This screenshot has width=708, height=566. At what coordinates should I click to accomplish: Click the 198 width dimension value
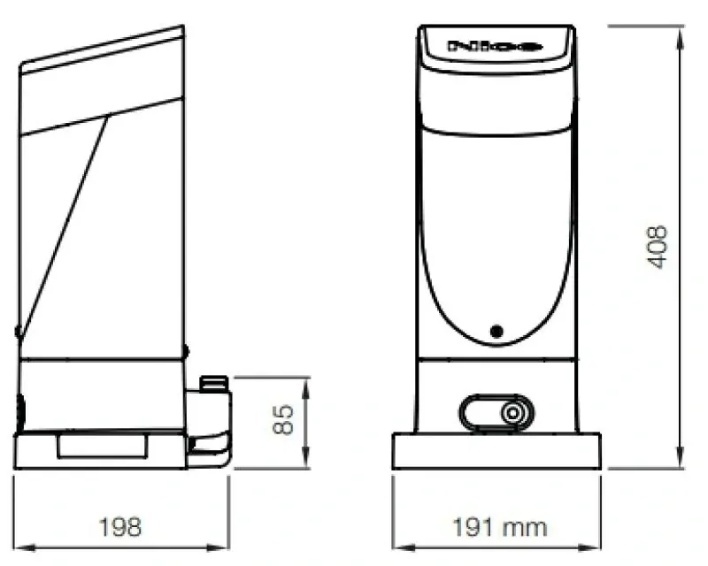pos(120,528)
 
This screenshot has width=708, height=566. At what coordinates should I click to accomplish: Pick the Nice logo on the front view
pos(495,45)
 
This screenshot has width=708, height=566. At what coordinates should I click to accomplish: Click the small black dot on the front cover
pos(496,332)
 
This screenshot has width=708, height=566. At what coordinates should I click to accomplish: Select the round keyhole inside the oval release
pos(512,413)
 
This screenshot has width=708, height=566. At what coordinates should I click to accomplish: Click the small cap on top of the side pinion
pos(214,383)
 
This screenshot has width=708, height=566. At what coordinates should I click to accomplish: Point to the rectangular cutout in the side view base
pos(102,446)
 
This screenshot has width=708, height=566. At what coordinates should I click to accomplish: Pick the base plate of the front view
pos(496,451)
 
